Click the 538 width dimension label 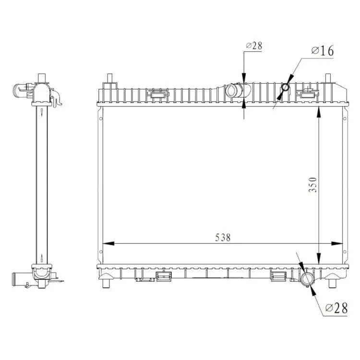point(223,238)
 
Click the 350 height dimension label point(312,185)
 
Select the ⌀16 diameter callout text point(323,51)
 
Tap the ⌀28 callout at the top point(254,46)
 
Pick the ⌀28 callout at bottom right point(336,308)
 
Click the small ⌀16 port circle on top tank point(285,87)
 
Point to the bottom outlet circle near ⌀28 point(307,279)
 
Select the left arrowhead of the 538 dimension point(108,243)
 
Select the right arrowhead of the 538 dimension point(337,243)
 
